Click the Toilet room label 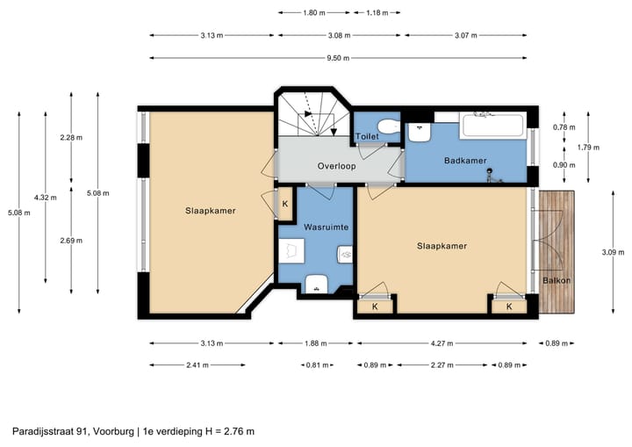[x=367, y=137]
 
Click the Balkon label [x=556, y=281]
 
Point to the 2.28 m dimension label [x=71, y=137]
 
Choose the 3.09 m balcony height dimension [x=607, y=253]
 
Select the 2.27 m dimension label [x=443, y=364]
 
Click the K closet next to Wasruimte [x=284, y=205]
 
